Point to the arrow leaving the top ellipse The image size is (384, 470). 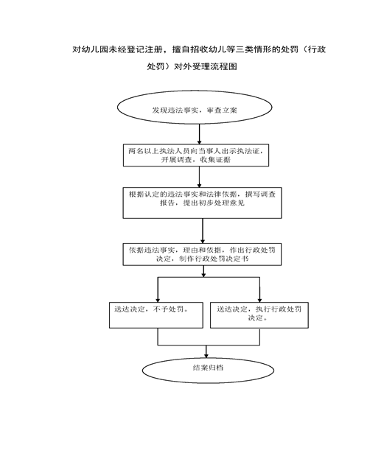pos(199,134)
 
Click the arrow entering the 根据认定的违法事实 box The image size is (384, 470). pos(199,177)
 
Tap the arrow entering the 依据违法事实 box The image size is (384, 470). pos(203,231)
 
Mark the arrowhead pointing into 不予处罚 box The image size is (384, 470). pos(158,300)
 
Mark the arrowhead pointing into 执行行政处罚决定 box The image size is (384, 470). pos(259,300)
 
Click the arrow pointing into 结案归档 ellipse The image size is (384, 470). pos(206,351)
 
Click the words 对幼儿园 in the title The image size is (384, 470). pos(85,49)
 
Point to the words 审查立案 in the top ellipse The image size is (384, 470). pos(222,111)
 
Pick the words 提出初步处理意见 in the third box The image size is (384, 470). pos(214,203)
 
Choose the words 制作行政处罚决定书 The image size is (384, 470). pos(214,259)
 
